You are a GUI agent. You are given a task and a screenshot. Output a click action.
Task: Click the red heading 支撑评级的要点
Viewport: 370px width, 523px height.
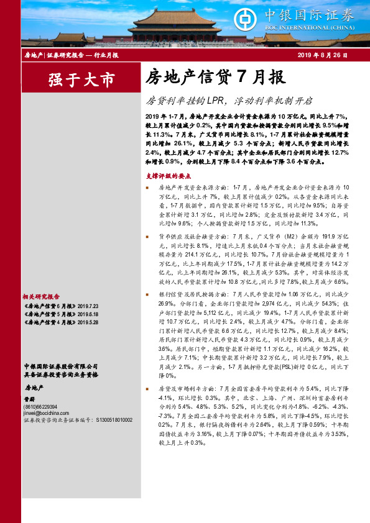tap(170, 176)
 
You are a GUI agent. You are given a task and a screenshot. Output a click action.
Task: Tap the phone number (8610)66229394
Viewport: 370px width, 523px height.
tap(42, 406)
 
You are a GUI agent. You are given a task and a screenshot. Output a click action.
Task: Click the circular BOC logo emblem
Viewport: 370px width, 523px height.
tap(263, 18)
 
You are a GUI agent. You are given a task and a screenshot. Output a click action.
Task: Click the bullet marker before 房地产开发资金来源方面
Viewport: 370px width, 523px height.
tap(147, 187)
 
